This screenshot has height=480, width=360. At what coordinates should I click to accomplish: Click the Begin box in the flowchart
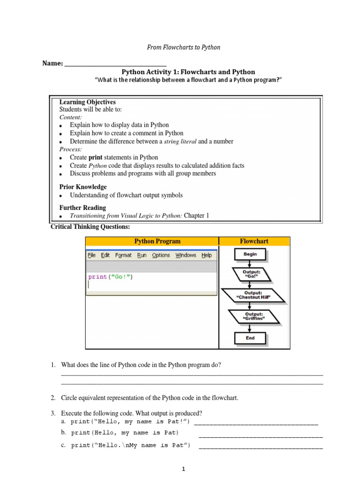click(250, 254)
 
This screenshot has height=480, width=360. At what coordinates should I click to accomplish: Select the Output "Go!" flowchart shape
click(251, 274)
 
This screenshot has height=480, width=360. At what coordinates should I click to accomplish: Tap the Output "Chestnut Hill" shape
click(254, 295)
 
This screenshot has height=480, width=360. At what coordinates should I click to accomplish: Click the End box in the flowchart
click(250, 338)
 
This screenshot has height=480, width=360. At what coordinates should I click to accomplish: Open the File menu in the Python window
click(91, 255)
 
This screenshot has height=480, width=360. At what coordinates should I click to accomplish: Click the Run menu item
click(142, 255)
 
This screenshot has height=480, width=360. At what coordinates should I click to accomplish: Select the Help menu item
click(207, 255)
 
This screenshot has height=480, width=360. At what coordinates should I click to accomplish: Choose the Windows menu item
click(186, 255)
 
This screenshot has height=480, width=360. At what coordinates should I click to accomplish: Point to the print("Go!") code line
click(111, 277)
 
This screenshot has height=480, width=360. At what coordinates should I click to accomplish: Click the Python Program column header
click(157, 241)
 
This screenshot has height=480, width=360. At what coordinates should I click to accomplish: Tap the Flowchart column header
click(254, 241)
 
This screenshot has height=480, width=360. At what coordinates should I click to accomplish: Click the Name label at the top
click(52, 63)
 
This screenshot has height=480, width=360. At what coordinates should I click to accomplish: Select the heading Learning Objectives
click(87, 102)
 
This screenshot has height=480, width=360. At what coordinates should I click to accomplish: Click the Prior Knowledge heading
click(83, 187)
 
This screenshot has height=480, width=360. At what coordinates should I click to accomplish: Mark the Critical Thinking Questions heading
click(90, 227)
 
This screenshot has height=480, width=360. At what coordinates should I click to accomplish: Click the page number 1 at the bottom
click(184, 469)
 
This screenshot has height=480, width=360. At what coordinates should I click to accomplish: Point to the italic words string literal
click(180, 142)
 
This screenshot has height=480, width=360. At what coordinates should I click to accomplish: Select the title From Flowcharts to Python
click(184, 47)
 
